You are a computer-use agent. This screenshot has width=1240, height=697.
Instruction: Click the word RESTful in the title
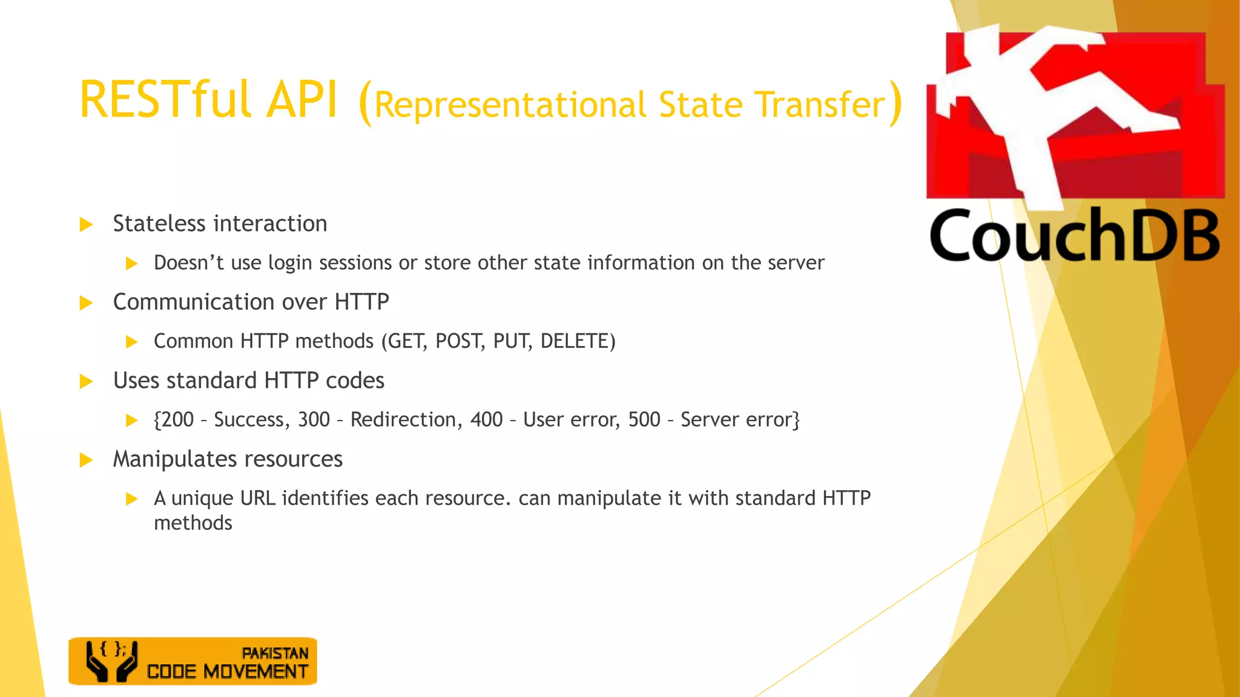click(x=165, y=100)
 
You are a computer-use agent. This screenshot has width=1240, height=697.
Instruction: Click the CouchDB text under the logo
click(x=1074, y=236)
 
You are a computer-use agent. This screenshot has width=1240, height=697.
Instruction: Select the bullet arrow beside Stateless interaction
click(x=87, y=225)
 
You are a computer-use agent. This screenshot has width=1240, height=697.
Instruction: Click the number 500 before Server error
click(x=644, y=419)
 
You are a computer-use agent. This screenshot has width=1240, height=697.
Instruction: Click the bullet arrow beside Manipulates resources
click(x=87, y=460)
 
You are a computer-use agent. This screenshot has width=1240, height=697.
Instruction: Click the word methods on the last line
click(x=193, y=523)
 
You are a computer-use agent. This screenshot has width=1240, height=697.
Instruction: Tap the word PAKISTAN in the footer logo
click(x=275, y=653)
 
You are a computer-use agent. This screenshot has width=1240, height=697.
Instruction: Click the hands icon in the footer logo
click(x=111, y=662)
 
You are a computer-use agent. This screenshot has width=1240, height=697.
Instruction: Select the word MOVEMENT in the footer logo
click(x=256, y=672)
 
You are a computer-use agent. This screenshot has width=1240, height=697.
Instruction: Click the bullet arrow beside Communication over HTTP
click(x=87, y=303)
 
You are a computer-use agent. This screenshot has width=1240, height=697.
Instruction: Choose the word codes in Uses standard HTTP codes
click(x=355, y=381)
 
